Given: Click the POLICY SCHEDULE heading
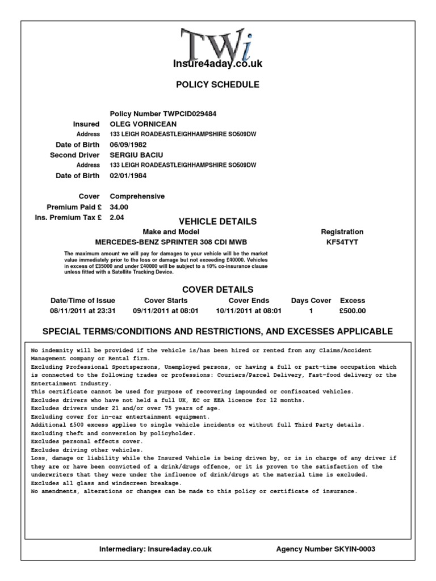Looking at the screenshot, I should coord(217,85).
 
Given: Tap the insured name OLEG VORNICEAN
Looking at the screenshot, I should coord(143,124).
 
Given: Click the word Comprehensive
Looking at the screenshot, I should coord(137,196).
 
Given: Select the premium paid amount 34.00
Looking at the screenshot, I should coord(119,207).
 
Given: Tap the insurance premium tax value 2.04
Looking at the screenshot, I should coord(116,217).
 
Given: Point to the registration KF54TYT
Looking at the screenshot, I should coord(342,242).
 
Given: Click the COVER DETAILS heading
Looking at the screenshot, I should coord(217,290).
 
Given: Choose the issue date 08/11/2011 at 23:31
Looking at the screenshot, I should coord(83,311).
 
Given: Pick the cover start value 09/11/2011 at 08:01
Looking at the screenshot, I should coord(166,311).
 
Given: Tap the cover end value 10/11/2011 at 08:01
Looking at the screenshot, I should coord(249,311).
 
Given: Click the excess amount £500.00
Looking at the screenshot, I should coord(353,311).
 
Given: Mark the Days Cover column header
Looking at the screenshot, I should coord(311,301).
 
